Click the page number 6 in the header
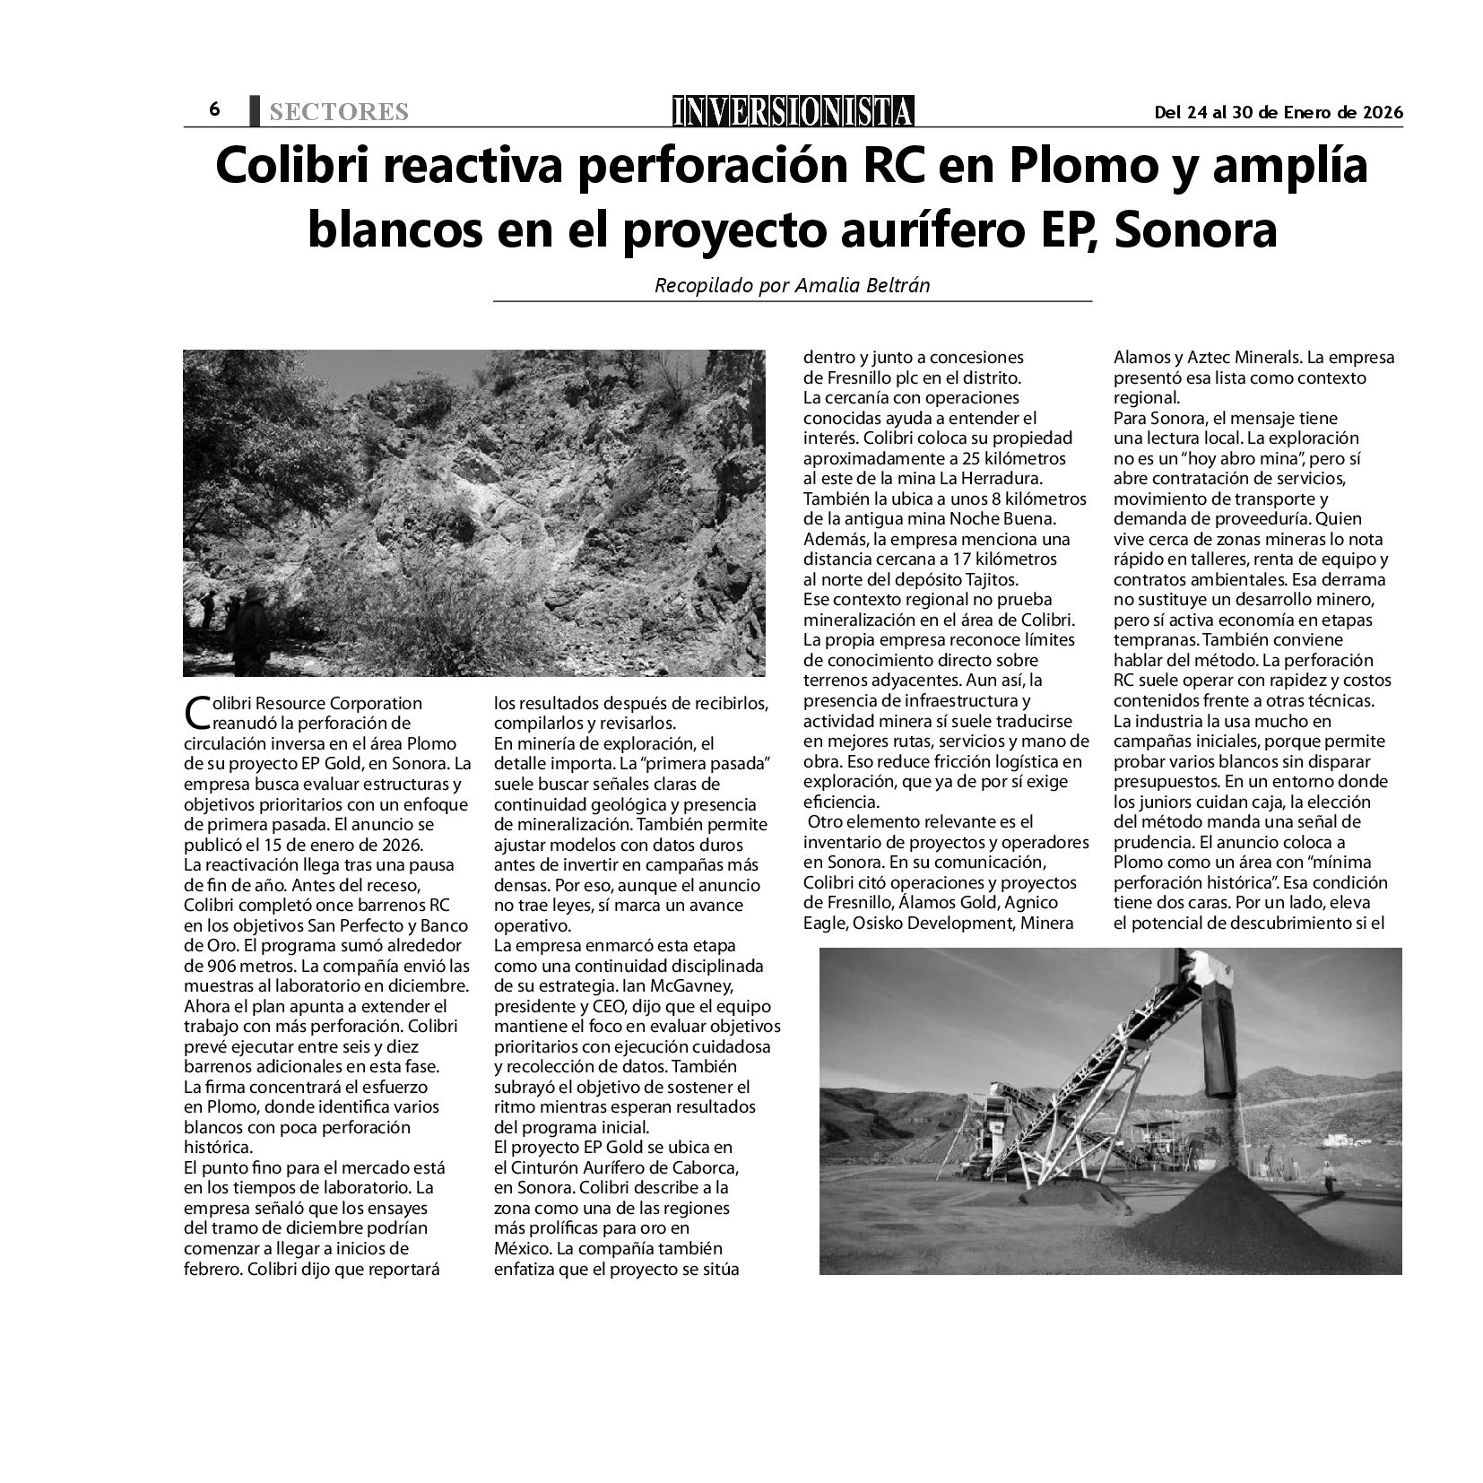[x=214, y=109]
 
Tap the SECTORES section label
[x=338, y=112]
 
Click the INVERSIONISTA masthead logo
[x=794, y=111]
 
